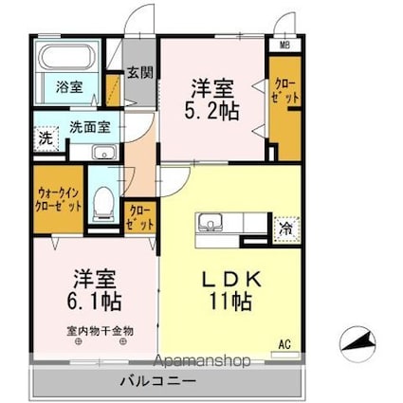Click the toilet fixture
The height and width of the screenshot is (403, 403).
point(103,200)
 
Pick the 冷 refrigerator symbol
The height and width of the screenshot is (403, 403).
point(284,228)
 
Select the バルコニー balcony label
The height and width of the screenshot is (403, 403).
point(157,381)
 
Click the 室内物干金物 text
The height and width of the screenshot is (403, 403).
point(100,330)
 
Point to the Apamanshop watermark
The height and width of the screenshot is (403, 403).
point(196,360)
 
